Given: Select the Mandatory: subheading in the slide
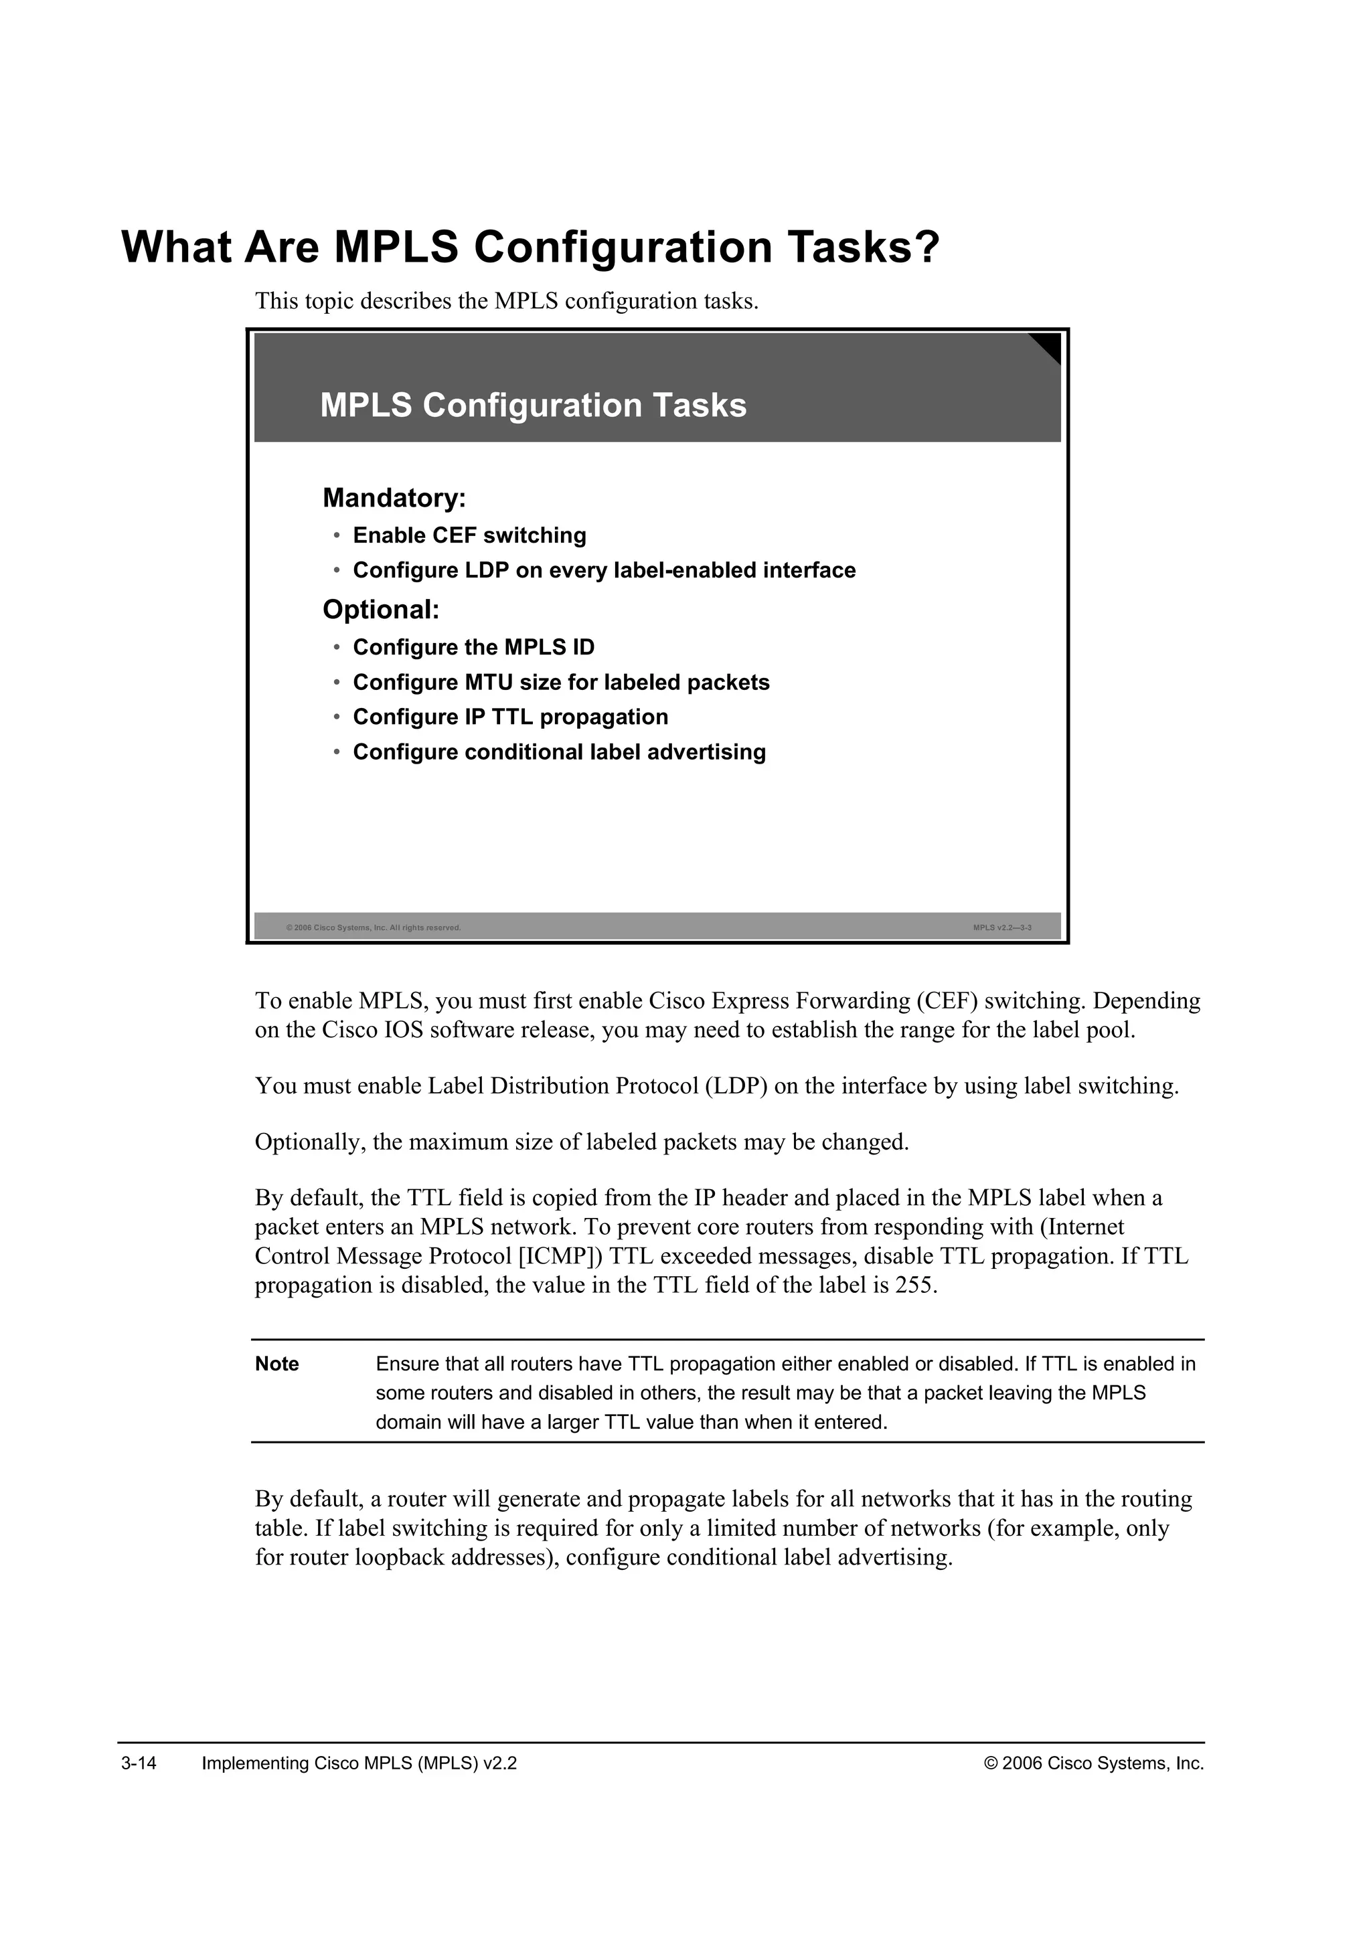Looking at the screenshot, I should point(394,498).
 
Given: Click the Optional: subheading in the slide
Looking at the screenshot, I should point(381,610).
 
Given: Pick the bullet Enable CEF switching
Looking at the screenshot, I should point(469,536).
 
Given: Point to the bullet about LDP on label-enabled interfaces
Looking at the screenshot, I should point(604,571).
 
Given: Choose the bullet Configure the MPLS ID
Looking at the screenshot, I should point(473,647).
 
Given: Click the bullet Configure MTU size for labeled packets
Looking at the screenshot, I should point(560,682).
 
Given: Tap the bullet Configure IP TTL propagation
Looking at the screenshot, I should point(510,717).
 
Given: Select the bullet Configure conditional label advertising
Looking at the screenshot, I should point(559,752).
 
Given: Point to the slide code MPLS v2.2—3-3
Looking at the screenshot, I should point(1001,928).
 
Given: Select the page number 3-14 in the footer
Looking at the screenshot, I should point(139,1763).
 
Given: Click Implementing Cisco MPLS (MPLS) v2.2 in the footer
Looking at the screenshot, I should point(359,1763).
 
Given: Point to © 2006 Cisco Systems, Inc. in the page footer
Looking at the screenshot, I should point(1094,1763).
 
